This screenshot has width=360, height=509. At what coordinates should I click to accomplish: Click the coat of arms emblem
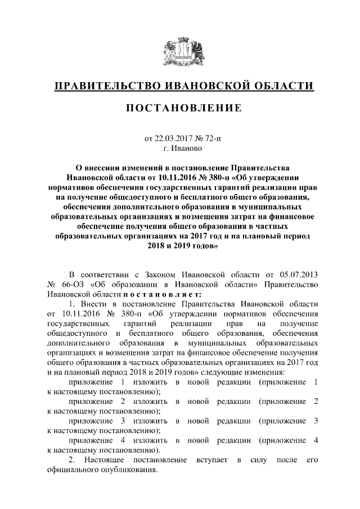[179, 52]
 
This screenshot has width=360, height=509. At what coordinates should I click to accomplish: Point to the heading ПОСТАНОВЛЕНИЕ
[179, 108]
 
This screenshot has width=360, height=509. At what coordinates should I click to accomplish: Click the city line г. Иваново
[179, 149]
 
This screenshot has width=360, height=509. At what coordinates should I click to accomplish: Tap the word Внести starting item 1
[92, 304]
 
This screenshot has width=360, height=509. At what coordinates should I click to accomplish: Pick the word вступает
[212, 460]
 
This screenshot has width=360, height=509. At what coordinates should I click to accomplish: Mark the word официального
[72, 470]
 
